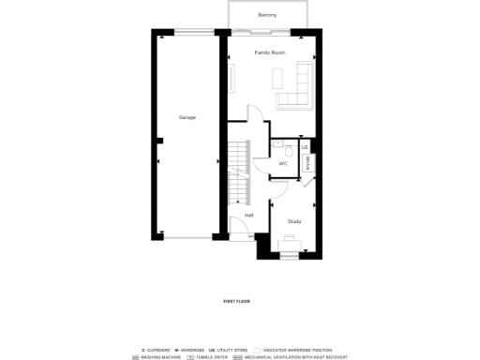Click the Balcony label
tap(267, 15)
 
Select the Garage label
tap(187, 117)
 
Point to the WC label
tap(283, 163)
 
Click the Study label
tap(294, 221)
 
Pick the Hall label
tap(248, 216)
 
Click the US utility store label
tap(305, 147)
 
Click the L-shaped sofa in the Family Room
tap(299, 89)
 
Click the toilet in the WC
tap(291, 149)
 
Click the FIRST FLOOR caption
tap(236, 301)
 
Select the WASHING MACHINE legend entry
tap(159, 357)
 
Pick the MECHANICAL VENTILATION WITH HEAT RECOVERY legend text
tap(296, 357)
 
